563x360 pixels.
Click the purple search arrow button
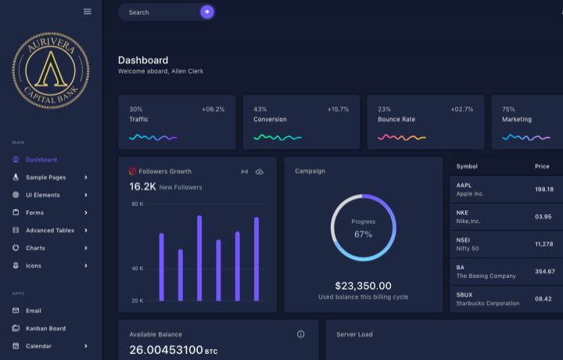pyautogui.click(x=206, y=12)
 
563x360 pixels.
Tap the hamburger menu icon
pyautogui.click(x=88, y=11)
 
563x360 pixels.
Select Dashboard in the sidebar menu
pyautogui.click(x=41, y=160)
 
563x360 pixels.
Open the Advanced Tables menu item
pyautogui.click(x=50, y=230)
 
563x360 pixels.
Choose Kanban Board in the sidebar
pyautogui.click(x=45, y=329)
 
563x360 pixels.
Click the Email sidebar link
pyautogui.click(x=34, y=311)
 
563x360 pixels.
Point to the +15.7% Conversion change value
pyautogui.click(x=338, y=110)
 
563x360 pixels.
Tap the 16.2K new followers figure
pyautogui.click(x=142, y=187)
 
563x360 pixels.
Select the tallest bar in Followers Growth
pyautogui.click(x=199, y=258)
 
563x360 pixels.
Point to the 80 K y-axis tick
pyautogui.click(x=137, y=204)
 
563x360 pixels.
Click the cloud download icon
pyautogui.click(x=260, y=171)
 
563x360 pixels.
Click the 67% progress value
pyautogui.click(x=363, y=234)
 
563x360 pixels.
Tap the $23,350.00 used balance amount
pyautogui.click(x=363, y=286)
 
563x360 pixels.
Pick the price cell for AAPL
pyautogui.click(x=543, y=189)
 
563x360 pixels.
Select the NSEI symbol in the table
pyautogui.click(x=464, y=240)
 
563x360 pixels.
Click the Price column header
pyautogui.click(x=542, y=167)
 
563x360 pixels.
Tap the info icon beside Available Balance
pyautogui.click(x=301, y=334)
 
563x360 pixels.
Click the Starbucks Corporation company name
pyautogui.click(x=487, y=303)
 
